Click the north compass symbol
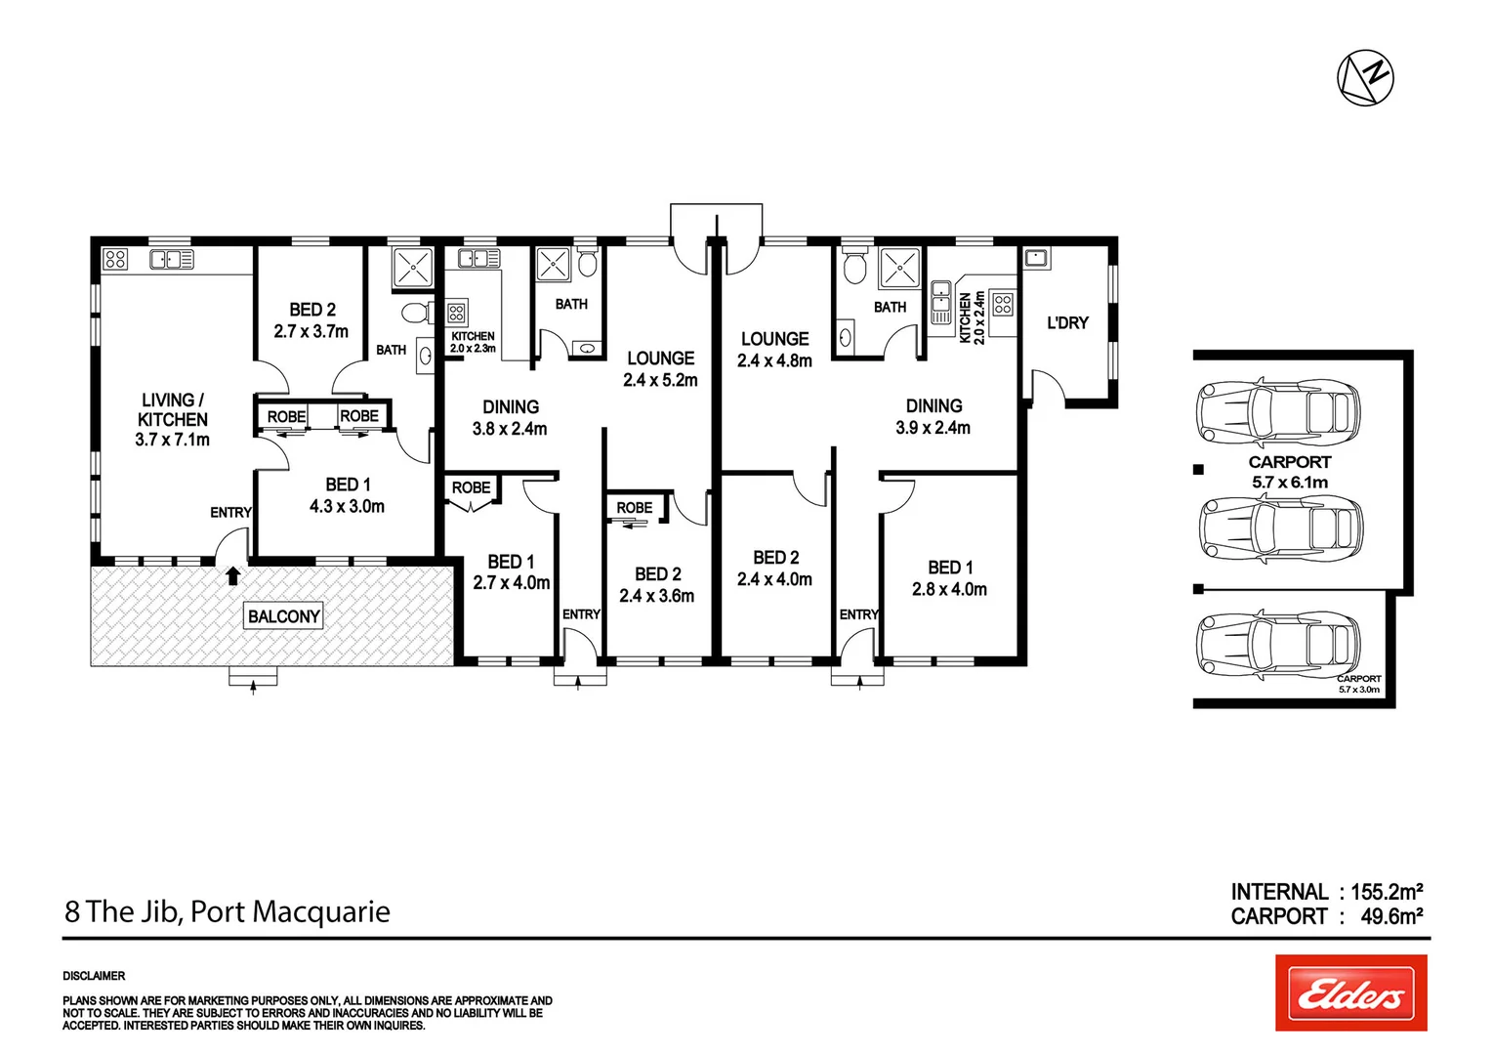click(x=1365, y=77)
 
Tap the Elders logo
click(x=1350, y=993)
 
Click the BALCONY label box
click(x=284, y=616)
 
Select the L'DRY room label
click(x=1066, y=323)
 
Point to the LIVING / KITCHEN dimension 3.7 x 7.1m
click(x=173, y=440)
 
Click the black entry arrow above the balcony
click(x=232, y=575)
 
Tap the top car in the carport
click(x=1277, y=411)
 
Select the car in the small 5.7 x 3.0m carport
click(x=1277, y=644)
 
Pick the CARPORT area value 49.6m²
click(x=1390, y=916)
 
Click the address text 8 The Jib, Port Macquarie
click(x=228, y=911)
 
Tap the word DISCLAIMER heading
click(x=94, y=976)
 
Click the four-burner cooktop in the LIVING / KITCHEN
click(x=115, y=259)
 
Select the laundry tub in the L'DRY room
click(x=1035, y=258)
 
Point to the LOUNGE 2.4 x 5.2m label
click(x=660, y=369)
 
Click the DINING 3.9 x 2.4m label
click(x=933, y=416)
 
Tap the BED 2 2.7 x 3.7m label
click(x=311, y=320)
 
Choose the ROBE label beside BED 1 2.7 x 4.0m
click(x=471, y=487)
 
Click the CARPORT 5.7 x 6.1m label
click(x=1289, y=472)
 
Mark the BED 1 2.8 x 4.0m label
click(x=949, y=578)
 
